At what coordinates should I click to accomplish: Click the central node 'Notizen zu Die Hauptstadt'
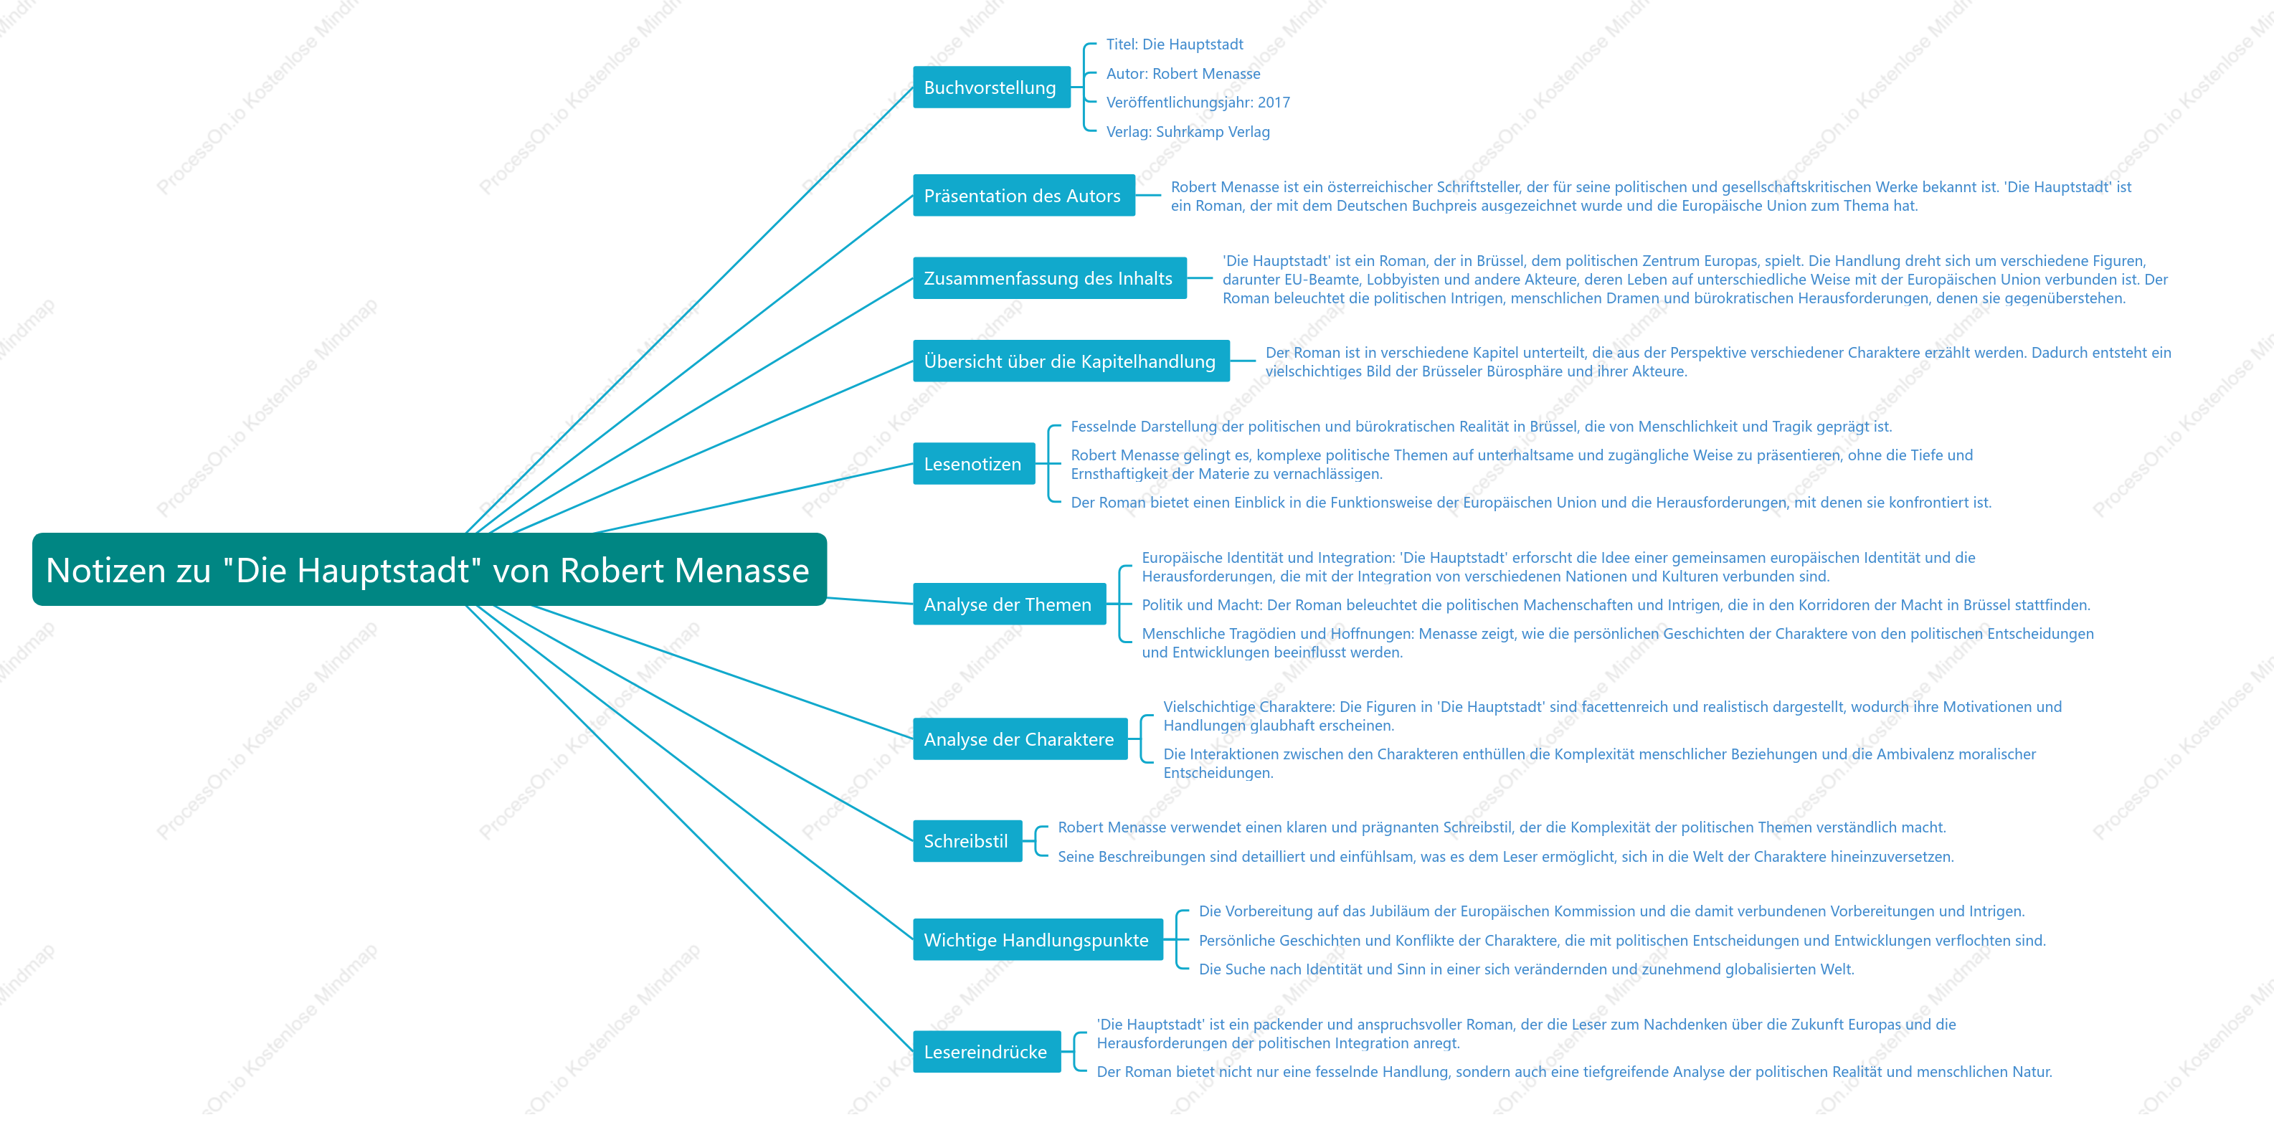pos(429,570)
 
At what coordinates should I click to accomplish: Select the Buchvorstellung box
pos(991,87)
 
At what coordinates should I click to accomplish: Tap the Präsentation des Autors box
pos(1024,196)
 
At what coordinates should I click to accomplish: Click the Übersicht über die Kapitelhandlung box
pos(1071,361)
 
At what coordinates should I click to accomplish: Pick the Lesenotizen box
pos(974,464)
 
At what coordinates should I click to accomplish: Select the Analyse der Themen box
pos(1009,604)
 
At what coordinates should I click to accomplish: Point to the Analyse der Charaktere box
pos(1020,739)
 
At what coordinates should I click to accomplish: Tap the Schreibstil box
pos(967,841)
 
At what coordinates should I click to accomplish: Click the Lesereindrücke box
pos(987,1052)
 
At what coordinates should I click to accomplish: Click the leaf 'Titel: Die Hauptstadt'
pos(1174,44)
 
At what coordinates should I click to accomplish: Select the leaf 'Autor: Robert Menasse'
pos(1183,73)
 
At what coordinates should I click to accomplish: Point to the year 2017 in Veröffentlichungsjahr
pos(1274,103)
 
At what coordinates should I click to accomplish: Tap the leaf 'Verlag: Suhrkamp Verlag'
pos(1188,131)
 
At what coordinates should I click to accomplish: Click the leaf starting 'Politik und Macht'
pos(1616,604)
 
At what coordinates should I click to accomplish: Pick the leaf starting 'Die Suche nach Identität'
pos(1526,969)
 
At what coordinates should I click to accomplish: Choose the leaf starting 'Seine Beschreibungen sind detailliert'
pos(1506,856)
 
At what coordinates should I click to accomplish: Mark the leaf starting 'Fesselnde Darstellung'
pos(1482,426)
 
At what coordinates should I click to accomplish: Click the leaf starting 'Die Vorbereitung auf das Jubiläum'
pos(1612,911)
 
